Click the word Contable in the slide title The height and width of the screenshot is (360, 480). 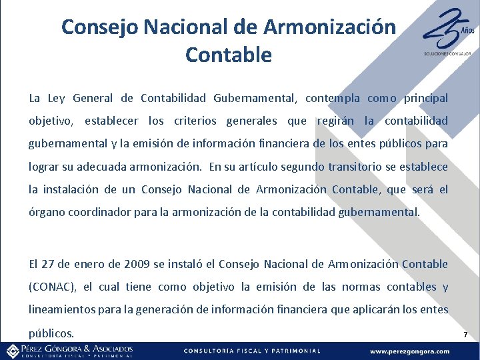click(x=229, y=55)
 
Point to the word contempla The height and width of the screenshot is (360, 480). click(x=332, y=99)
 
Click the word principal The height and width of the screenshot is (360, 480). click(x=422, y=99)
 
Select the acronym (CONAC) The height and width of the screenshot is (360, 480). click(x=53, y=287)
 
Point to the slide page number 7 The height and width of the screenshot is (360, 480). click(x=466, y=333)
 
